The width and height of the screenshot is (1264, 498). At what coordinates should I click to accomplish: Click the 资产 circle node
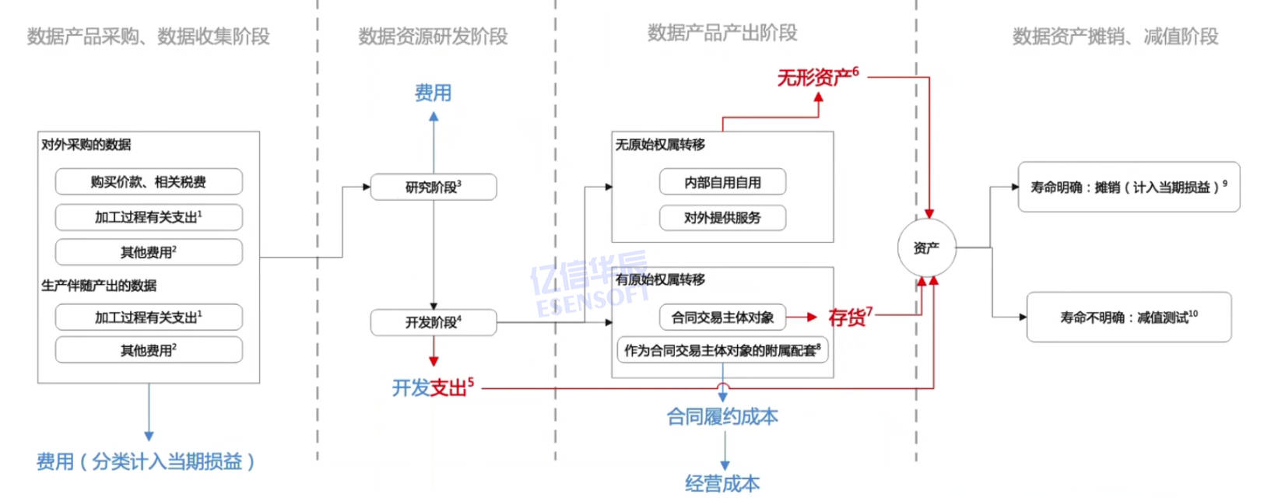tap(926, 248)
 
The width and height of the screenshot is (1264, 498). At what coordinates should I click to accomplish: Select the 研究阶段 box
tap(433, 187)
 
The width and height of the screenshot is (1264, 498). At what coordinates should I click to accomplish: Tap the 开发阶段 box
tap(433, 322)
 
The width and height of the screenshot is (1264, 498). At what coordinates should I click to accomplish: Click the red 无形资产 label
tap(816, 77)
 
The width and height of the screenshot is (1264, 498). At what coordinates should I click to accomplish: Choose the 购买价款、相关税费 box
tap(149, 182)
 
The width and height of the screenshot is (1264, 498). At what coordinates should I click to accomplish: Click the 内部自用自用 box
tap(722, 183)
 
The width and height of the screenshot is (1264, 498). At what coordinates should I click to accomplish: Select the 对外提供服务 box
tap(722, 218)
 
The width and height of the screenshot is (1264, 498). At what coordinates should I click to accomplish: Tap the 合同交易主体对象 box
tap(722, 317)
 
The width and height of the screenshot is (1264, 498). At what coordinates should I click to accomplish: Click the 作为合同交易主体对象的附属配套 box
tap(722, 350)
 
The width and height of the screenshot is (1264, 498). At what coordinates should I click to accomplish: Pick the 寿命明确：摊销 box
tap(1128, 187)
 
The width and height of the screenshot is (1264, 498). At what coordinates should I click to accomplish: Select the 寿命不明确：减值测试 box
tap(1128, 317)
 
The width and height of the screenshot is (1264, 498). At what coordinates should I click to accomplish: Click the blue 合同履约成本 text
tap(722, 417)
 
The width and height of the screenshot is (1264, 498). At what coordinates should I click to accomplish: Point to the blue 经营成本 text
tap(722, 484)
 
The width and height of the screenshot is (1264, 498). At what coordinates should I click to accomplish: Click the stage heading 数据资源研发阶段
tap(433, 37)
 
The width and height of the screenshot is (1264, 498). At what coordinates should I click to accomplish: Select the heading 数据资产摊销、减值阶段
tap(1115, 37)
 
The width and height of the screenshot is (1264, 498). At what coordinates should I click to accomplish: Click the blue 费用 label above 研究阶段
tap(433, 93)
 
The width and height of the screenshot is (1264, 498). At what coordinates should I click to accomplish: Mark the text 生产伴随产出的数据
tap(99, 286)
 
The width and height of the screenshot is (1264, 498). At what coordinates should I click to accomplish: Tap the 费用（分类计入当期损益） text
tap(146, 462)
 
